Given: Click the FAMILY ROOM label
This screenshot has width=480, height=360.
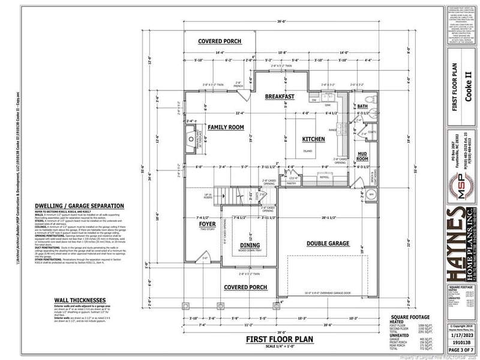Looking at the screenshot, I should [225, 127].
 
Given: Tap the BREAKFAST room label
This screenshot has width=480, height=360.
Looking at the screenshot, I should [280, 96].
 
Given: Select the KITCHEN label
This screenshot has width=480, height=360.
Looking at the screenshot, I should [313, 139].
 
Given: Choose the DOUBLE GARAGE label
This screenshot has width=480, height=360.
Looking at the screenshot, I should [328, 243].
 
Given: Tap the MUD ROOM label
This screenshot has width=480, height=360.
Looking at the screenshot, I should [362, 157].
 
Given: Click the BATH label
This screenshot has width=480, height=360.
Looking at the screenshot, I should [362, 106].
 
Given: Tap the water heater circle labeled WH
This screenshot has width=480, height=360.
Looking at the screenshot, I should [370, 195].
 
